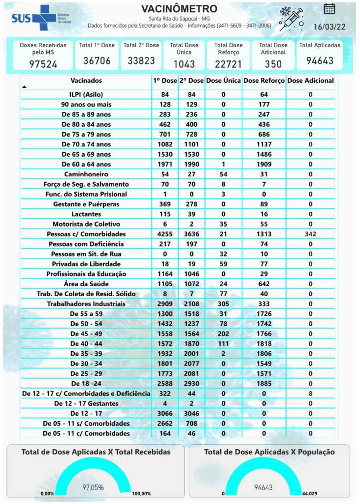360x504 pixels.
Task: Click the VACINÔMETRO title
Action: coord(179,9)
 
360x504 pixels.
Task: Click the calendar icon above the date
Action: coord(329,8)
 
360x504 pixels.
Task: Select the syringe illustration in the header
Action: coord(291,19)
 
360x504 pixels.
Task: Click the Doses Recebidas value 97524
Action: coord(43,64)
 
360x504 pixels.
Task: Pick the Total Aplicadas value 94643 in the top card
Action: coord(319,61)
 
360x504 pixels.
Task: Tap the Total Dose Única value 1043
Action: coord(184,64)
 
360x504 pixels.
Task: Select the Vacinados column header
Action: coord(86,80)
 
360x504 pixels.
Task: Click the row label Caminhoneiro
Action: coord(86,174)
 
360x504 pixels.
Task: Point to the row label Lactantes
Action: coord(86,214)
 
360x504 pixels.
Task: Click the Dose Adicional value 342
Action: coord(310,234)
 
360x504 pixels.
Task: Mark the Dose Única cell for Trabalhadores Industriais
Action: coord(223,304)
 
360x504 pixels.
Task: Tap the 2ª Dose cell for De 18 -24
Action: coord(191,383)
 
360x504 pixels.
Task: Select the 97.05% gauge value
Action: coord(93,487)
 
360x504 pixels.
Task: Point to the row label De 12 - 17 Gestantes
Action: coord(86,403)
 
